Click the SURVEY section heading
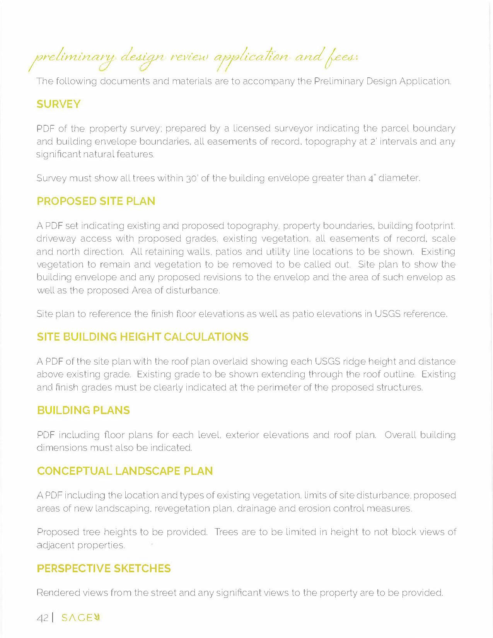point(58,104)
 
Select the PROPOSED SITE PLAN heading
point(96,201)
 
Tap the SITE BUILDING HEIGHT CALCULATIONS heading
point(143,337)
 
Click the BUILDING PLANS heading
point(84,411)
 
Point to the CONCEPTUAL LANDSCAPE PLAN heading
point(125,471)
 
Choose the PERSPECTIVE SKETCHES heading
point(104,569)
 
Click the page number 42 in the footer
point(42,618)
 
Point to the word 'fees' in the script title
point(342,58)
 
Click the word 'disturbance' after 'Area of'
point(193,290)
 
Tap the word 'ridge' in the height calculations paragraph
point(354,362)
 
